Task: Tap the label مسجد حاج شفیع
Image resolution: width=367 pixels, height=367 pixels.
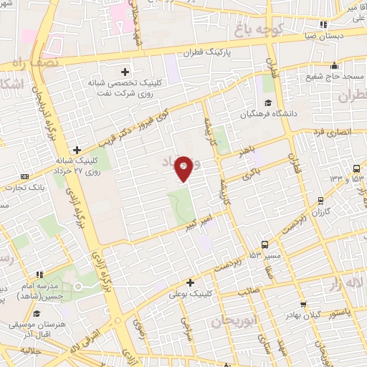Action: [335, 76]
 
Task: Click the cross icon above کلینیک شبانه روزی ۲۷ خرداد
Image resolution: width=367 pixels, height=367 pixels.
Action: [77, 150]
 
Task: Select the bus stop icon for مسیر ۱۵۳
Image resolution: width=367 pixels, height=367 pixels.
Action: [266, 244]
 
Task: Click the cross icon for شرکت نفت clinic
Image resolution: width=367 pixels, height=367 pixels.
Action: [125, 71]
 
